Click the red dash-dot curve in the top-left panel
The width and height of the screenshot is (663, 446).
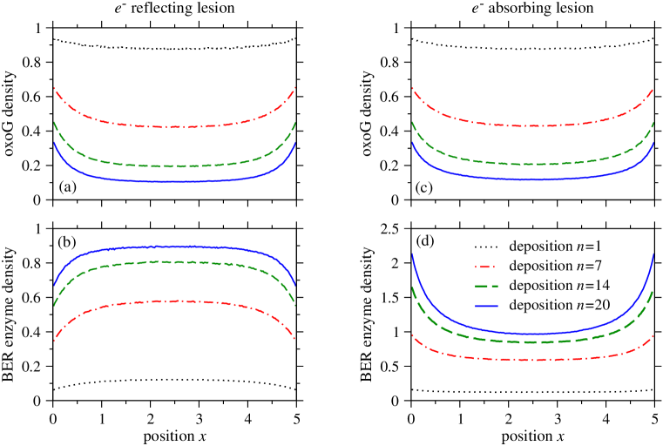click(174, 127)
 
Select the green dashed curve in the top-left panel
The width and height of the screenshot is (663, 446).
click(174, 166)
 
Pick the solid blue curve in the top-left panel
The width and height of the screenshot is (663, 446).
click(174, 181)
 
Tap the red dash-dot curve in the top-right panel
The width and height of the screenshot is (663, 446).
click(532, 126)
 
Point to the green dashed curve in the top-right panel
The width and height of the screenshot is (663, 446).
click(532, 164)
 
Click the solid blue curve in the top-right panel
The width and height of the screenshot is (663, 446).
click(532, 179)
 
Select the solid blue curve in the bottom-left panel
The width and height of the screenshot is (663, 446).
click(174, 247)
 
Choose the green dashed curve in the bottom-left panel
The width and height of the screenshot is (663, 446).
click(174, 261)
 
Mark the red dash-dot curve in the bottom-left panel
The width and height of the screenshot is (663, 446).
click(174, 301)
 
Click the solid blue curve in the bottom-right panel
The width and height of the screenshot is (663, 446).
click(532, 334)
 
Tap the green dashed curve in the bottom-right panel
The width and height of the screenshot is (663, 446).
click(532, 342)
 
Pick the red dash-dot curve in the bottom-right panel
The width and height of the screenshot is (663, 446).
click(532, 360)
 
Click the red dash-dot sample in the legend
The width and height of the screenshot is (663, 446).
click(485, 267)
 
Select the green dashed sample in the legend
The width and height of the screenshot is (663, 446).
click(485, 286)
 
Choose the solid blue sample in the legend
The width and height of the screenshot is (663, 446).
click(485, 306)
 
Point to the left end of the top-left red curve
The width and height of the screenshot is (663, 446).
click(54, 88)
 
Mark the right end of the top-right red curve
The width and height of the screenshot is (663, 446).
click(653, 88)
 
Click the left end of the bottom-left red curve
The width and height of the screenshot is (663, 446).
click(54, 341)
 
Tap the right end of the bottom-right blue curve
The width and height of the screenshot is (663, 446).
click(653, 254)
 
